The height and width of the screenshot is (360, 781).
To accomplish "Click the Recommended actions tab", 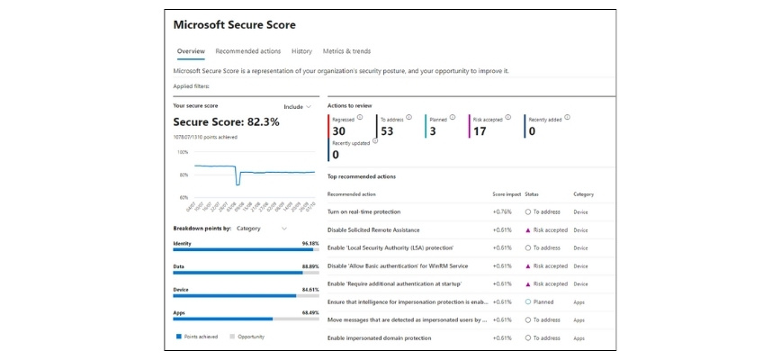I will point(248,51).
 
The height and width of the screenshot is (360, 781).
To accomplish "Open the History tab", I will point(301,51).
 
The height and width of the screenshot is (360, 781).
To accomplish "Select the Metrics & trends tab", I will point(346,51).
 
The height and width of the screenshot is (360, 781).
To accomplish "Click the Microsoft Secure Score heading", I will point(234,24).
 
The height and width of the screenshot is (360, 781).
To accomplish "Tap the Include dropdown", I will point(297,106).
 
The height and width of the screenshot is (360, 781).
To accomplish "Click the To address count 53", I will point(388,131).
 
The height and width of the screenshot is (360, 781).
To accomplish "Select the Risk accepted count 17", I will point(480,131).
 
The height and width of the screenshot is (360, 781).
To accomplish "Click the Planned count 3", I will point(433,131).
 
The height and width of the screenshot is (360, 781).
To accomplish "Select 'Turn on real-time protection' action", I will point(364,211).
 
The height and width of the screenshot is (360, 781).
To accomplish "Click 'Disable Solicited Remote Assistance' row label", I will point(374,229).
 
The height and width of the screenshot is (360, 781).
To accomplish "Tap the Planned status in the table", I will point(543,301).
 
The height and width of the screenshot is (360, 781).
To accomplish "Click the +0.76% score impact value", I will point(502,211).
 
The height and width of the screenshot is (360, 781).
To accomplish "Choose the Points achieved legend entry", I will point(197,337).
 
